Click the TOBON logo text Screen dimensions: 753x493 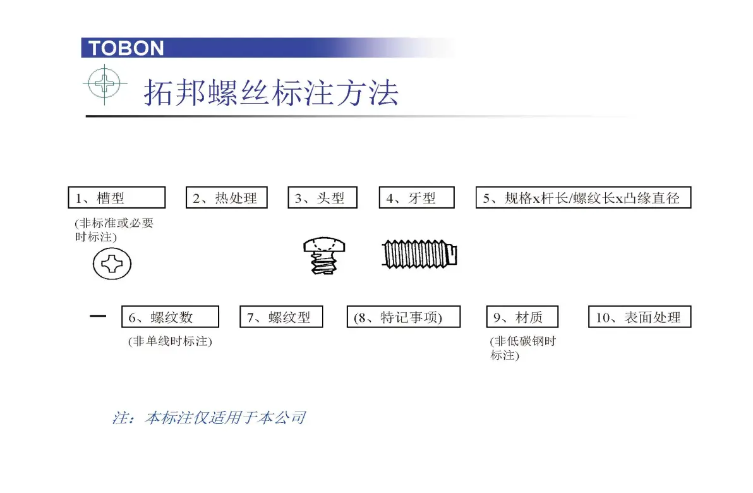[126, 48]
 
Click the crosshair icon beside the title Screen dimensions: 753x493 [105, 83]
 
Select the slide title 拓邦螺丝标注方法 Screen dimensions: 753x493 [272, 92]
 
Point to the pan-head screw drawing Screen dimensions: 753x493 [324, 255]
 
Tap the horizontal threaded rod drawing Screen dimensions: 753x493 [419, 253]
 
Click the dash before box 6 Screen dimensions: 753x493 [98, 316]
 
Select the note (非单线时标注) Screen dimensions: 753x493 [170, 341]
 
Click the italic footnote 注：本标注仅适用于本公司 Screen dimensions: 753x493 [209, 418]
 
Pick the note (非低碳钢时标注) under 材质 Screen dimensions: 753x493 [523, 348]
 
